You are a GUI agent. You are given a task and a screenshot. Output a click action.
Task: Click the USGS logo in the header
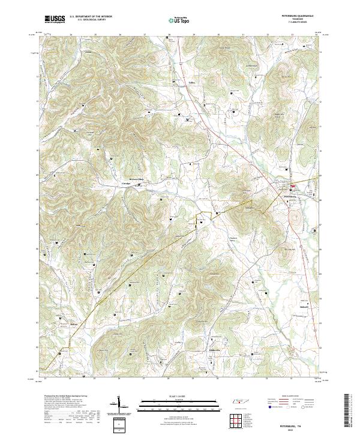[x=55, y=19]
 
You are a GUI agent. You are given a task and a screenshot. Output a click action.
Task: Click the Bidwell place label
[x=304, y=307]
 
